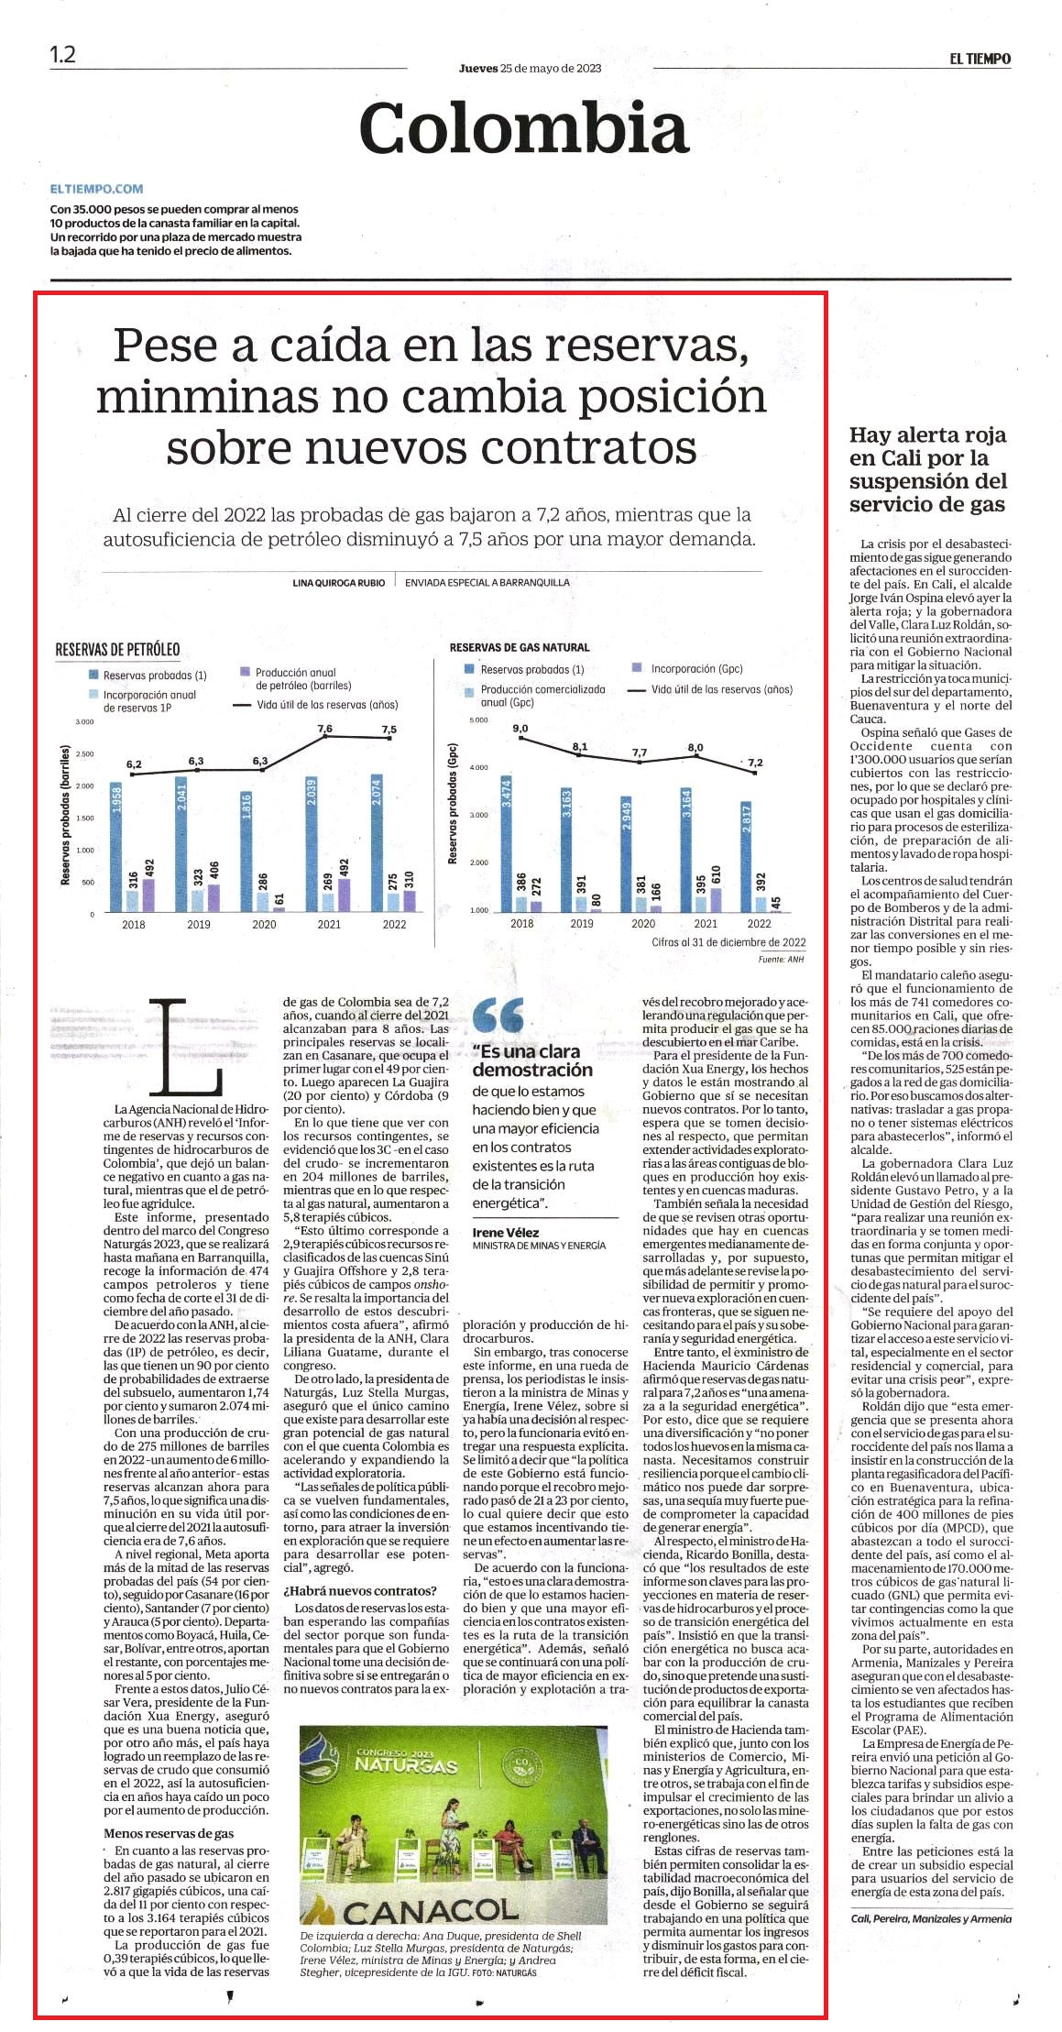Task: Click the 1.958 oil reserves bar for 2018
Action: (116, 847)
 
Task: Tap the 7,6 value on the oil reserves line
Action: (324, 729)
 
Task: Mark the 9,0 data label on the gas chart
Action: (520, 729)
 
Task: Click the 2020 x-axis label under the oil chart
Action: (264, 925)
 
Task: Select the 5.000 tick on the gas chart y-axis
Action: (478, 720)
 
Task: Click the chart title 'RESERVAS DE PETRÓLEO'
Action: (117, 650)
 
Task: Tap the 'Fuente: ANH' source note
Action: (782, 960)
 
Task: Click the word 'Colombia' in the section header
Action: (523, 127)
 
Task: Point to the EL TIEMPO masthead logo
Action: (980, 59)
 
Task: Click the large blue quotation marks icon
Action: (499, 1016)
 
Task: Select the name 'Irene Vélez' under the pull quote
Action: (506, 1233)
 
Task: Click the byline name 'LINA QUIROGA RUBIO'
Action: (338, 582)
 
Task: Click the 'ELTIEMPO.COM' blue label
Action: (97, 189)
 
